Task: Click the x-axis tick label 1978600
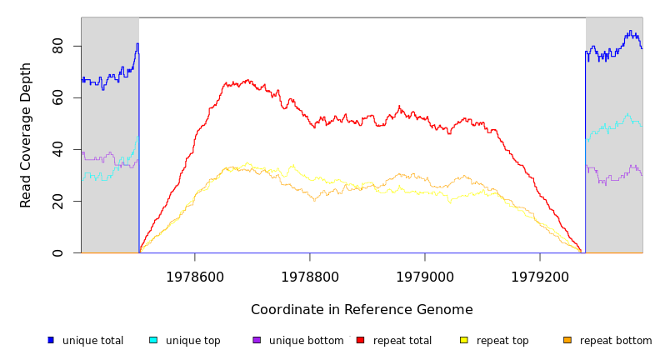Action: (195, 277)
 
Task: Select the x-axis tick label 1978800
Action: (310, 277)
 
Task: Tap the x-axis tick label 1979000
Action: (425, 277)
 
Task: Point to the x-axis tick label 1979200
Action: (540, 277)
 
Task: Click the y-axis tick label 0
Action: (57, 252)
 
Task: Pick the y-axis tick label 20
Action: (57, 201)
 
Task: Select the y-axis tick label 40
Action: (57, 149)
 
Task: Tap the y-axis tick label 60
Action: (57, 97)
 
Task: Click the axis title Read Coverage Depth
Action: (27, 135)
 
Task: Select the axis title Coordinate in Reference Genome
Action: (362, 310)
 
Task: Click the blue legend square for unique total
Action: (51, 340)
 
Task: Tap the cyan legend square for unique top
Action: (153, 340)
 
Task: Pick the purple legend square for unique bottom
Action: (257, 340)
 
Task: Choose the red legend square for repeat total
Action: (360, 340)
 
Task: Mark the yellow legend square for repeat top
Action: (464, 340)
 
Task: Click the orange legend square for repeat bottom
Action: (567, 340)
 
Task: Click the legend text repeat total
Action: (402, 341)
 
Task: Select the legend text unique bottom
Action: (306, 341)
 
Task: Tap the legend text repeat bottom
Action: (616, 341)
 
